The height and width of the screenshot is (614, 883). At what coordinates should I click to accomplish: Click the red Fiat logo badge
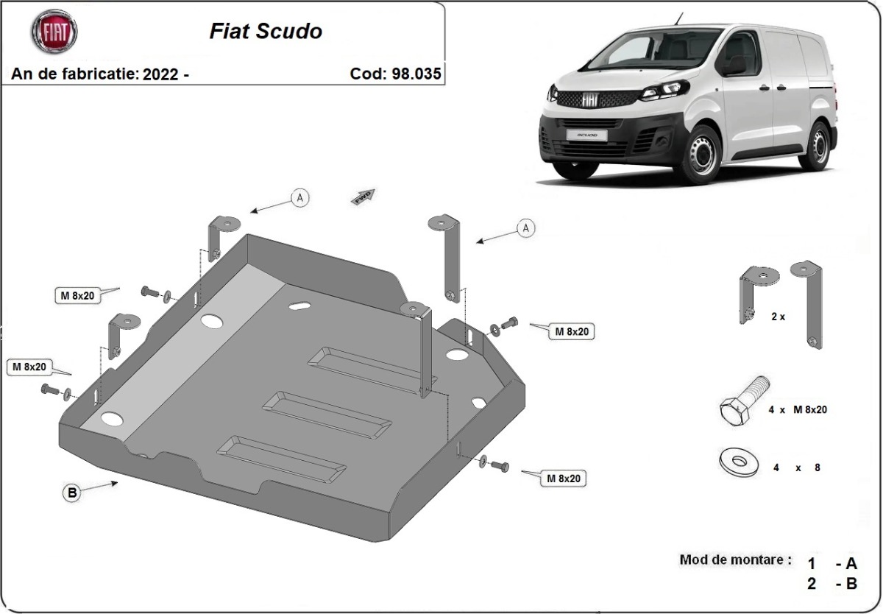pos(54,32)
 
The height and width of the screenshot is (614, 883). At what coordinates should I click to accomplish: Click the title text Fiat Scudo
pos(266,32)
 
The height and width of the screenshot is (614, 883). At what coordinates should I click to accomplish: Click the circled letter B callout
pos(72,493)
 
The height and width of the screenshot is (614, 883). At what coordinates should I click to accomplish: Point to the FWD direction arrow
pos(364,197)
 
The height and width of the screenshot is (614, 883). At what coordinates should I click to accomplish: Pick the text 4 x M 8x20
pos(797,410)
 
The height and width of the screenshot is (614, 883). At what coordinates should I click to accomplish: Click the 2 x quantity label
pos(778,317)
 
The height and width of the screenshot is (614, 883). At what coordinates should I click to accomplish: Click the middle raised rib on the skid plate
pos(327,414)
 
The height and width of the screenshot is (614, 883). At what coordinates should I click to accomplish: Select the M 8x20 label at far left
pos(28,366)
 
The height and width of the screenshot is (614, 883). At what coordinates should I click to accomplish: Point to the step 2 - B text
pos(831,584)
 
